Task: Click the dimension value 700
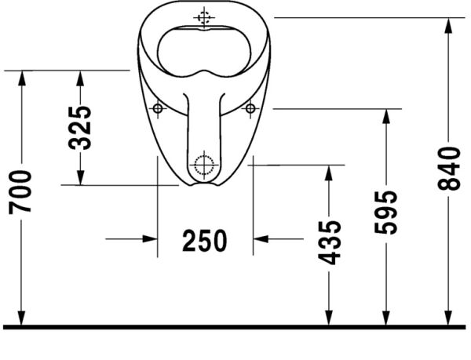click(21, 191)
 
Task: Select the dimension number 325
click(80, 127)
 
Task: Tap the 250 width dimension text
click(205, 240)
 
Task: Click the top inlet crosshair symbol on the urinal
click(204, 16)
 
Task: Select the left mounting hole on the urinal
click(158, 107)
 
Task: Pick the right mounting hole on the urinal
click(251, 107)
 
